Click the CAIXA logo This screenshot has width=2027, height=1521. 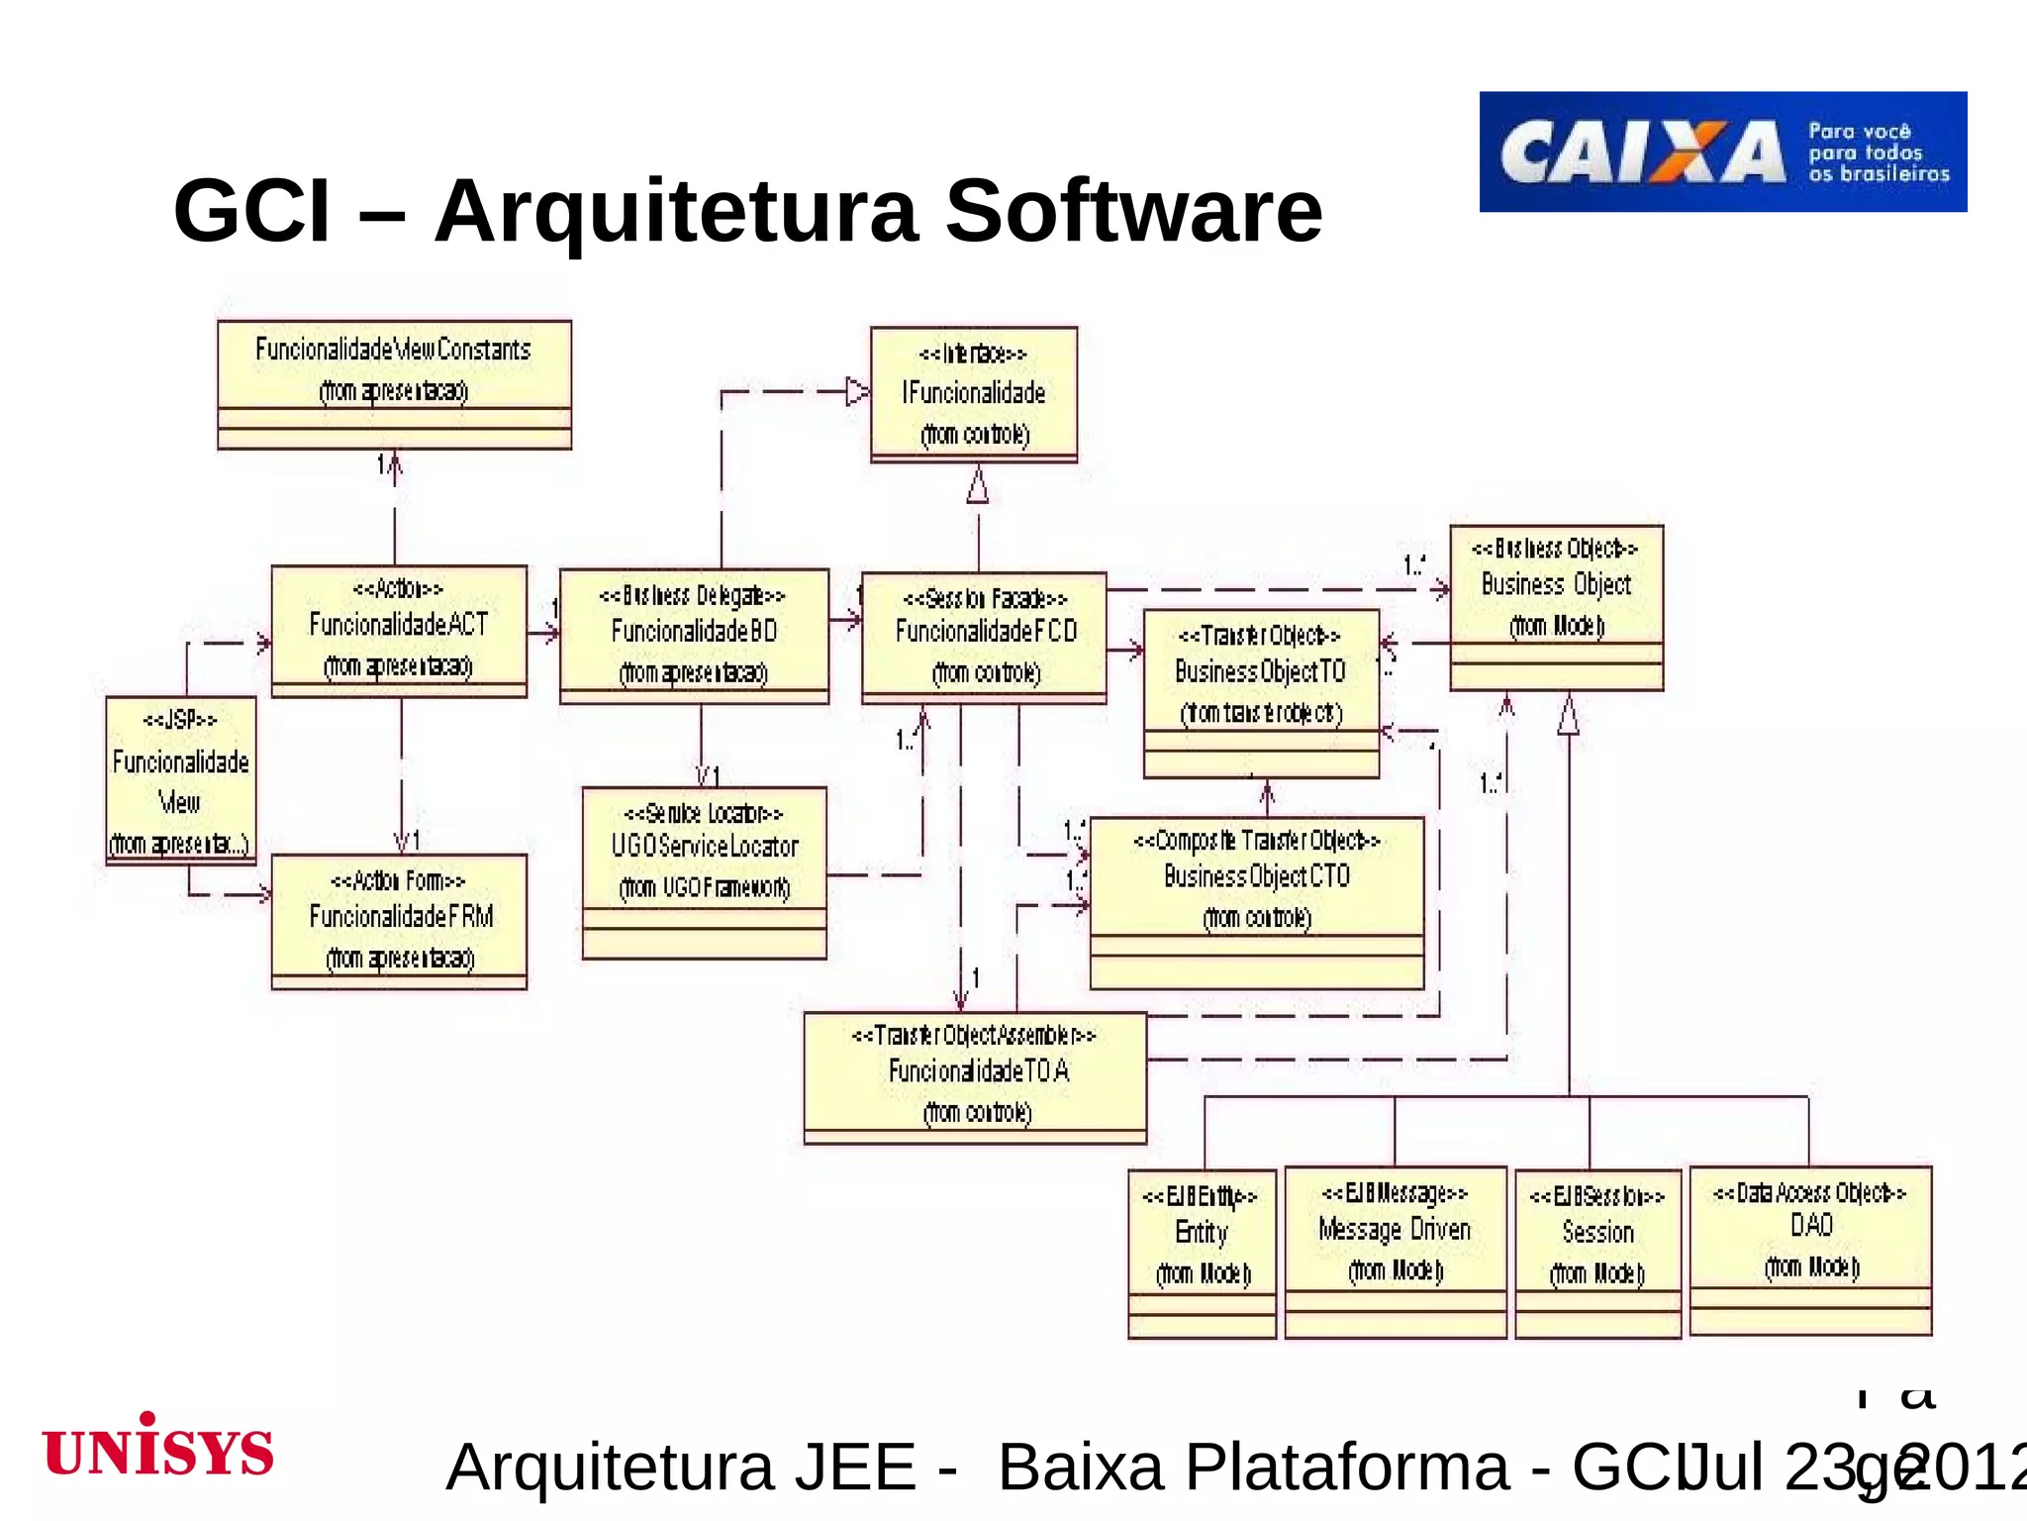[1722, 152]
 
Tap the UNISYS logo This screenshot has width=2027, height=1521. [158, 1448]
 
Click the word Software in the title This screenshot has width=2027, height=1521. [1133, 211]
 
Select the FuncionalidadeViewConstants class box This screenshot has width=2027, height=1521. [394, 384]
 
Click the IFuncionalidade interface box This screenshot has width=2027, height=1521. [974, 394]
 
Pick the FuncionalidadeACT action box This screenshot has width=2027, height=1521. [399, 631]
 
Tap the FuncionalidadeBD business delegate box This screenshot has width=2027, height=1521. [694, 636]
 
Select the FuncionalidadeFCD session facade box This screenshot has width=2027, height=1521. [984, 637]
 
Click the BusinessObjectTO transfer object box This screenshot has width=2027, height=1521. [1261, 692]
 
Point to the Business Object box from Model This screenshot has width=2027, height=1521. [1556, 607]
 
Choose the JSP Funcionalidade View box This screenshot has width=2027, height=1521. [181, 780]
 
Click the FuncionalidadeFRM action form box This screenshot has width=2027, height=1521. [399, 921]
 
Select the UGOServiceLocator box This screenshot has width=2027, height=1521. [704, 871]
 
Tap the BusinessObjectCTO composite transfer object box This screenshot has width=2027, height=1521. [1256, 901]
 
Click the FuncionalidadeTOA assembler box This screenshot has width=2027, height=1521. [975, 1076]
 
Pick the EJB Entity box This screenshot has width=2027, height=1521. [1202, 1252]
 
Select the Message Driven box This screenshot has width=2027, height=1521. [1395, 1251]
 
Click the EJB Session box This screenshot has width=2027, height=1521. [1597, 1253]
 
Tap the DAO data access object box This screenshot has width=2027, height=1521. [1810, 1249]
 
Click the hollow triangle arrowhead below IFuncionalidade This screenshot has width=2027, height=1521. [978, 485]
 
